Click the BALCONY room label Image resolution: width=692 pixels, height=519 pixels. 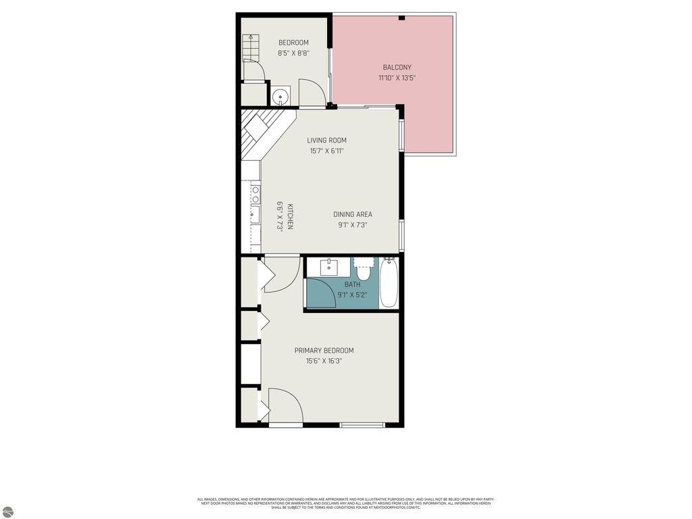coord(397,68)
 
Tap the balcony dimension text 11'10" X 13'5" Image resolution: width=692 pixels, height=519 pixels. coord(397,78)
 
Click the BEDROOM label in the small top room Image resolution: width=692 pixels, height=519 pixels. coord(293,43)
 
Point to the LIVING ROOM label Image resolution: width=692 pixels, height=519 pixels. coord(326,141)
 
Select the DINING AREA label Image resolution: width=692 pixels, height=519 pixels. coord(352,215)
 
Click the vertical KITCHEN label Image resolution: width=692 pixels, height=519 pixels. coord(289,217)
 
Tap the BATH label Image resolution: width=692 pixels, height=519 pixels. coord(352,285)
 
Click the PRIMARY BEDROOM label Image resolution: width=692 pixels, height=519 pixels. coord(324,351)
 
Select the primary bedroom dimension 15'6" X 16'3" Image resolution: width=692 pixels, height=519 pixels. coord(324,361)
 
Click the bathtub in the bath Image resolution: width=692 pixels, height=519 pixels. coord(389,283)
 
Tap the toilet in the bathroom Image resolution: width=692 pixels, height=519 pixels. coord(364,270)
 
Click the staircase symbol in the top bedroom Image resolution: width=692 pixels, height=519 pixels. coord(251,48)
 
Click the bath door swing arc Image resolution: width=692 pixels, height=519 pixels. coord(322,293)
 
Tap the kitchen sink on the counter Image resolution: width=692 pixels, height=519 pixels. coord(255,216)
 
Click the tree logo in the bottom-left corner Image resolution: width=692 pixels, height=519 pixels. coord(7,512)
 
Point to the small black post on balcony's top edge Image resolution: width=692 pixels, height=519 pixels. coord(401,18)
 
